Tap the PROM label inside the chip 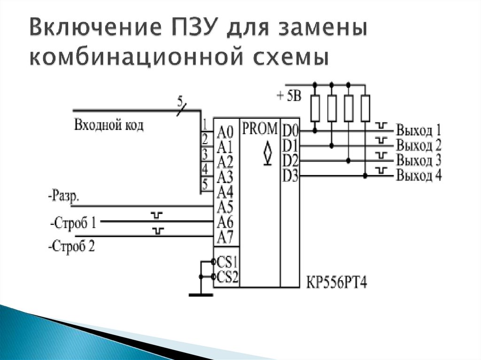[259, 129]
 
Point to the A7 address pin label [225, 237]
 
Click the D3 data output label [290, 176]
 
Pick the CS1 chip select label [227, 262]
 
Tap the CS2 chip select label [227, 277]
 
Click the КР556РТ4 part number [336, 283]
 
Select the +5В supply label [289, 96]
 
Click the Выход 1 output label [419, 130]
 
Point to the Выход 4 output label [419, 176]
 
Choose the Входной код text [109, 125]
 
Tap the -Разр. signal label [64, 196]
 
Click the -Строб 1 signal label [73, 223]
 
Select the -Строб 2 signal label [72, 246]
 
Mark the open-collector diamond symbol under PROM [268, 153]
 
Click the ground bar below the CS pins [201, 295]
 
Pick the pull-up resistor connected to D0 [315, 108]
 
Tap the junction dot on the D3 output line [365, 176]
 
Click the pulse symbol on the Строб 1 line [157, 215]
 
